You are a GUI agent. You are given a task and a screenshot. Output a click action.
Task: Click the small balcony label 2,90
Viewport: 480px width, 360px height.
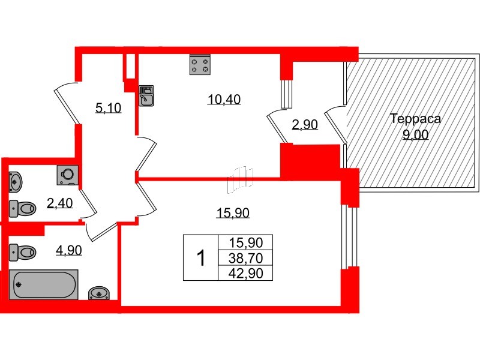[304, 125]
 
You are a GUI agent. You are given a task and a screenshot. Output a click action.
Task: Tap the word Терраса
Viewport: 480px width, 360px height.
[415, 119]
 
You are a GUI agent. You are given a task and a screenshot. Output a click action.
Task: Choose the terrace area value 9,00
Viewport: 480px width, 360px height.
[415, 135]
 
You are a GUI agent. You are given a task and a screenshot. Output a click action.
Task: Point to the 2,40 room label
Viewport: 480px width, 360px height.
[59, 203]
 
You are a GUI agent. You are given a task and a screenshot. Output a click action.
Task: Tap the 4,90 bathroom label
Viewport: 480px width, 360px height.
[68, 250]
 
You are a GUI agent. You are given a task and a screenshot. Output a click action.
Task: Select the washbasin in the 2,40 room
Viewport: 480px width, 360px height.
[17, 180]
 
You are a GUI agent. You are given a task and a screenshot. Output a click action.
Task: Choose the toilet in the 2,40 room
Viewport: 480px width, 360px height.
[23, 208]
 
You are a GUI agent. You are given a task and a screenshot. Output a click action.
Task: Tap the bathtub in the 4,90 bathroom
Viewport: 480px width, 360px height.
[44, 284]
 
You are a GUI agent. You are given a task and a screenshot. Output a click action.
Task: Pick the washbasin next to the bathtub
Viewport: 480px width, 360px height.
[98, 293]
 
